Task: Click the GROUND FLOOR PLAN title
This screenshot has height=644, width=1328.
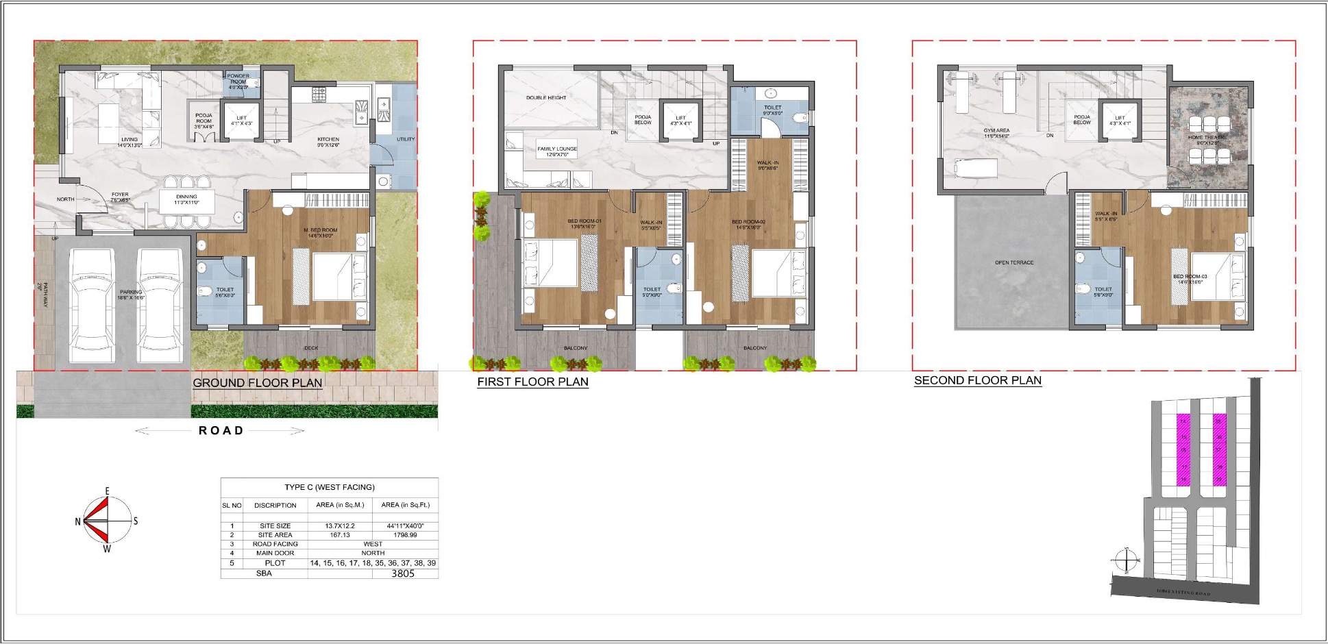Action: (x=258, y=383)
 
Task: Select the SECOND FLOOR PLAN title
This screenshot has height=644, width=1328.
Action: (x=978, y=381)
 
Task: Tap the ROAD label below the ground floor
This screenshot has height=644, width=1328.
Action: (x=221, y=431)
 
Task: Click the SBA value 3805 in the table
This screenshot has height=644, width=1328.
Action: (x=403, y=573)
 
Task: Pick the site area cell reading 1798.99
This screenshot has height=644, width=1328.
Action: (x=405, y=535)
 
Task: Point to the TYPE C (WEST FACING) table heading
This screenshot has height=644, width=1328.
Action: (x=330, y=487)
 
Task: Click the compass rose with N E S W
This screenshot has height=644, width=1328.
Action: (x=106, y=521)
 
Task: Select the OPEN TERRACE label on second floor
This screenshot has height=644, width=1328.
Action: (x=1014, y=262)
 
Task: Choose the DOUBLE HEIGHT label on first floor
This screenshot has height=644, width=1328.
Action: (x=546, y=98)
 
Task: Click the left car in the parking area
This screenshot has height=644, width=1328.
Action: (x=92, y=305)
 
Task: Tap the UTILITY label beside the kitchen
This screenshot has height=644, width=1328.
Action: (x=406, y=139)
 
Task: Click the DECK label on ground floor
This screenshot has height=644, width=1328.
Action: (x=311, y=348)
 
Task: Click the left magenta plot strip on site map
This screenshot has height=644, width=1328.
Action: (x=1183, y=450)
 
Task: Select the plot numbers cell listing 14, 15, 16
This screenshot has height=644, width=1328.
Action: (x=373, y=563)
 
